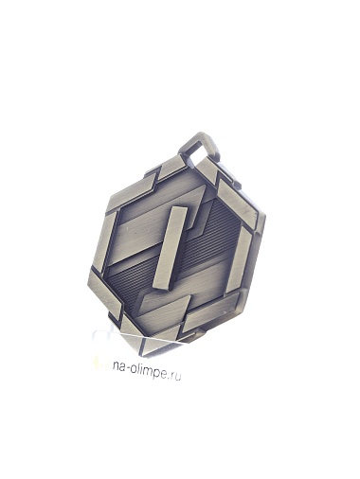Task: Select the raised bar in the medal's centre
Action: click(x=170, y=248)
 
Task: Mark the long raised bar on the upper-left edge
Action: click(x=132, y=190)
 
